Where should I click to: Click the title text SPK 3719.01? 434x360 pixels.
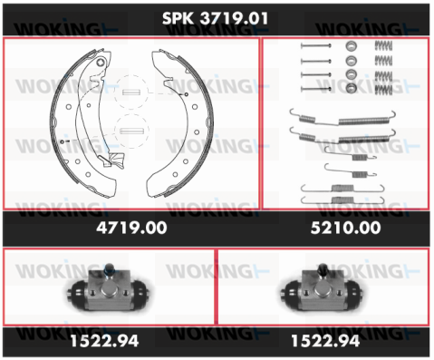[215, 18]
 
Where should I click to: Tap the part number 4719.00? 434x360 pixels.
[131, 228]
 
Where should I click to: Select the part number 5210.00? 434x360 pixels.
[345, 228]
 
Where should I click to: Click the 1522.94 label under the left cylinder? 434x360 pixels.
[104, 341]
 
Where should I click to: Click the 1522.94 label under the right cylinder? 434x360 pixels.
[325, 341]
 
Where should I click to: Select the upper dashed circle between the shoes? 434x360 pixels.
[131, 92]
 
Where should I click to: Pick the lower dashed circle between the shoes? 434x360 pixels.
[131, 131]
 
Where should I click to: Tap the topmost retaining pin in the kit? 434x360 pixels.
[315, 46]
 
